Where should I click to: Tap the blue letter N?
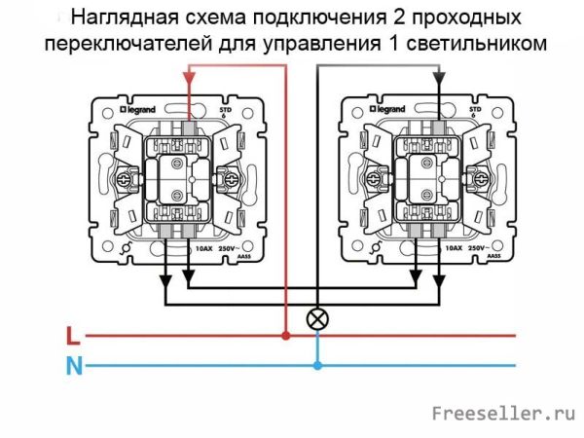[72, 367]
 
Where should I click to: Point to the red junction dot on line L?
[285, 337]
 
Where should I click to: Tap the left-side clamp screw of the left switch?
[127, 179]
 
